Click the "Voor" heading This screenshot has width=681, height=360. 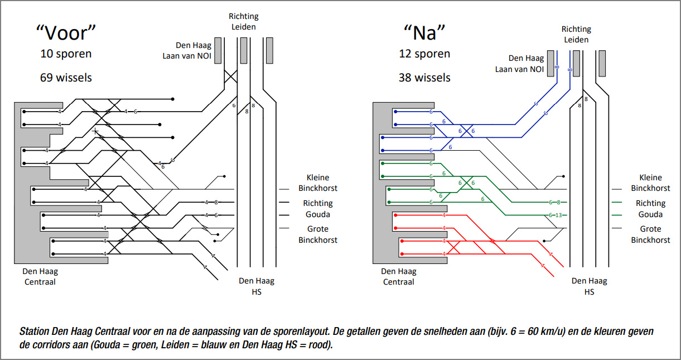(x=66, y=33)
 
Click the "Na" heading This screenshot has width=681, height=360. (x=424, y=33)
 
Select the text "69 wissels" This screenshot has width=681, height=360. (x=66, y=78)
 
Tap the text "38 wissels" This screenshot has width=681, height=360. (x=424, y=78)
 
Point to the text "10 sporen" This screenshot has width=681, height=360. (x=66, y=54)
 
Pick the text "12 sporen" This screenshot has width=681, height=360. (x=424, y=54)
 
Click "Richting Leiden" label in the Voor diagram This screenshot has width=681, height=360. (x=243, y=22)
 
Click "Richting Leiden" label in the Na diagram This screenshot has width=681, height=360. (x=576, y=34)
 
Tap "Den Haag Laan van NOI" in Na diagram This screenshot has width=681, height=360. (x=518, y=63)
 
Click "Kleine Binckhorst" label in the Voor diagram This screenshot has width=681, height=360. (x=317, y=183)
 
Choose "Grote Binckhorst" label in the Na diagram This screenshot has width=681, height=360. (x=650, y=234)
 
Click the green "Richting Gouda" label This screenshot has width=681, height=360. (x=650, y=209)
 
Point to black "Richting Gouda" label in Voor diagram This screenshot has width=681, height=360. (x=317, y=209)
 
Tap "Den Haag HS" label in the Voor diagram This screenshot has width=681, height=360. (x=257, y=286)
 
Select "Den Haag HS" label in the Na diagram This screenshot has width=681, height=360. (x=590, y=286)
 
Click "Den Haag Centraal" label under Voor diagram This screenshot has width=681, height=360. (x=40, y=276)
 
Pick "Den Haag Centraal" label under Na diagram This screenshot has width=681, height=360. (x=398, y=276)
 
